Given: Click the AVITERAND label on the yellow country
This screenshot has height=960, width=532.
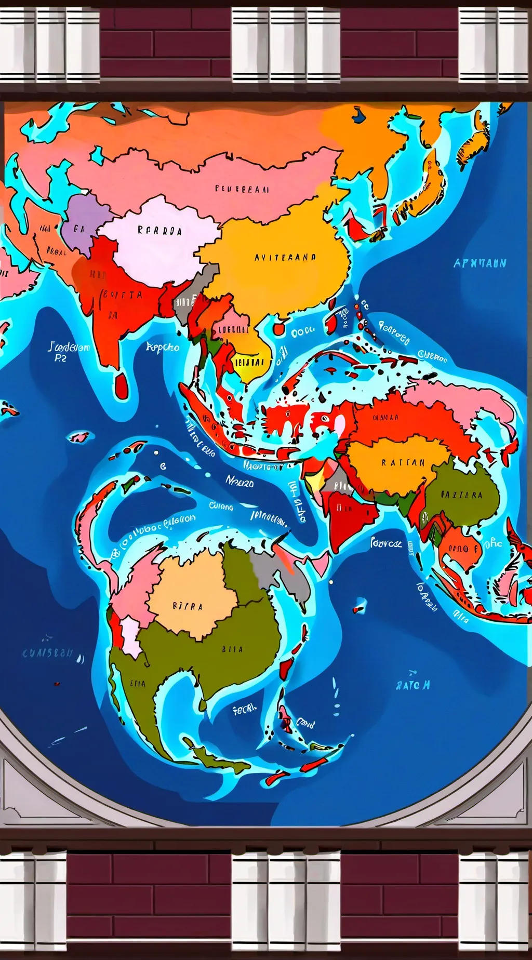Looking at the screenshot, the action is click(x=285, y=257).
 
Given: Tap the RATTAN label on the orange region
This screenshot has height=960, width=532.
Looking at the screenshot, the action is click(x=403, y=462).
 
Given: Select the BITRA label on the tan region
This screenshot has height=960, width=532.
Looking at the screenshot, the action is click(x=187, y=606).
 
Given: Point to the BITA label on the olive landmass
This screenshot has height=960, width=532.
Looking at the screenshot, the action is click(x=232, y=649).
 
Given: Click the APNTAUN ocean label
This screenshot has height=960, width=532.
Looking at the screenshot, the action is click(x=480, y=263).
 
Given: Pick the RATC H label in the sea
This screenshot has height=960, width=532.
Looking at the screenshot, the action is click(x=413, y=685).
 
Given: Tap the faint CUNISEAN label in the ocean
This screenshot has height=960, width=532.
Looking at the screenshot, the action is click(x=48, y=654).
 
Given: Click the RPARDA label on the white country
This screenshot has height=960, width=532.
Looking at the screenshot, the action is click(x=159, y=231).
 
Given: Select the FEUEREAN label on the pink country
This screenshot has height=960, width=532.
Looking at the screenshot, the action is click(x=242, y=190).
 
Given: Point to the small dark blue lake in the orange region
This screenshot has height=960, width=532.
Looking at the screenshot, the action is click(x=358, y=115).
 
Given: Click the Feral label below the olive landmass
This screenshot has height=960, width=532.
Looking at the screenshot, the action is click(x=244, y=709).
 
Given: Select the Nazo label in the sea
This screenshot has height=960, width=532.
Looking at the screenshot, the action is click(x=240, y=482).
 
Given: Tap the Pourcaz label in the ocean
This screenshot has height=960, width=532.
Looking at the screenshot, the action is click(x=386, y=543).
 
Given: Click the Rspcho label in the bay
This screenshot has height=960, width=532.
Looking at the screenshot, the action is click(x=163, y=347).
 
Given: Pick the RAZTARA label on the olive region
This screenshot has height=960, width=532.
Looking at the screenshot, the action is click(x=461, y=495).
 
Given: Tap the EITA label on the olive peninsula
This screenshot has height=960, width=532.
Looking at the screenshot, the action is click(x=138, y=684).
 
